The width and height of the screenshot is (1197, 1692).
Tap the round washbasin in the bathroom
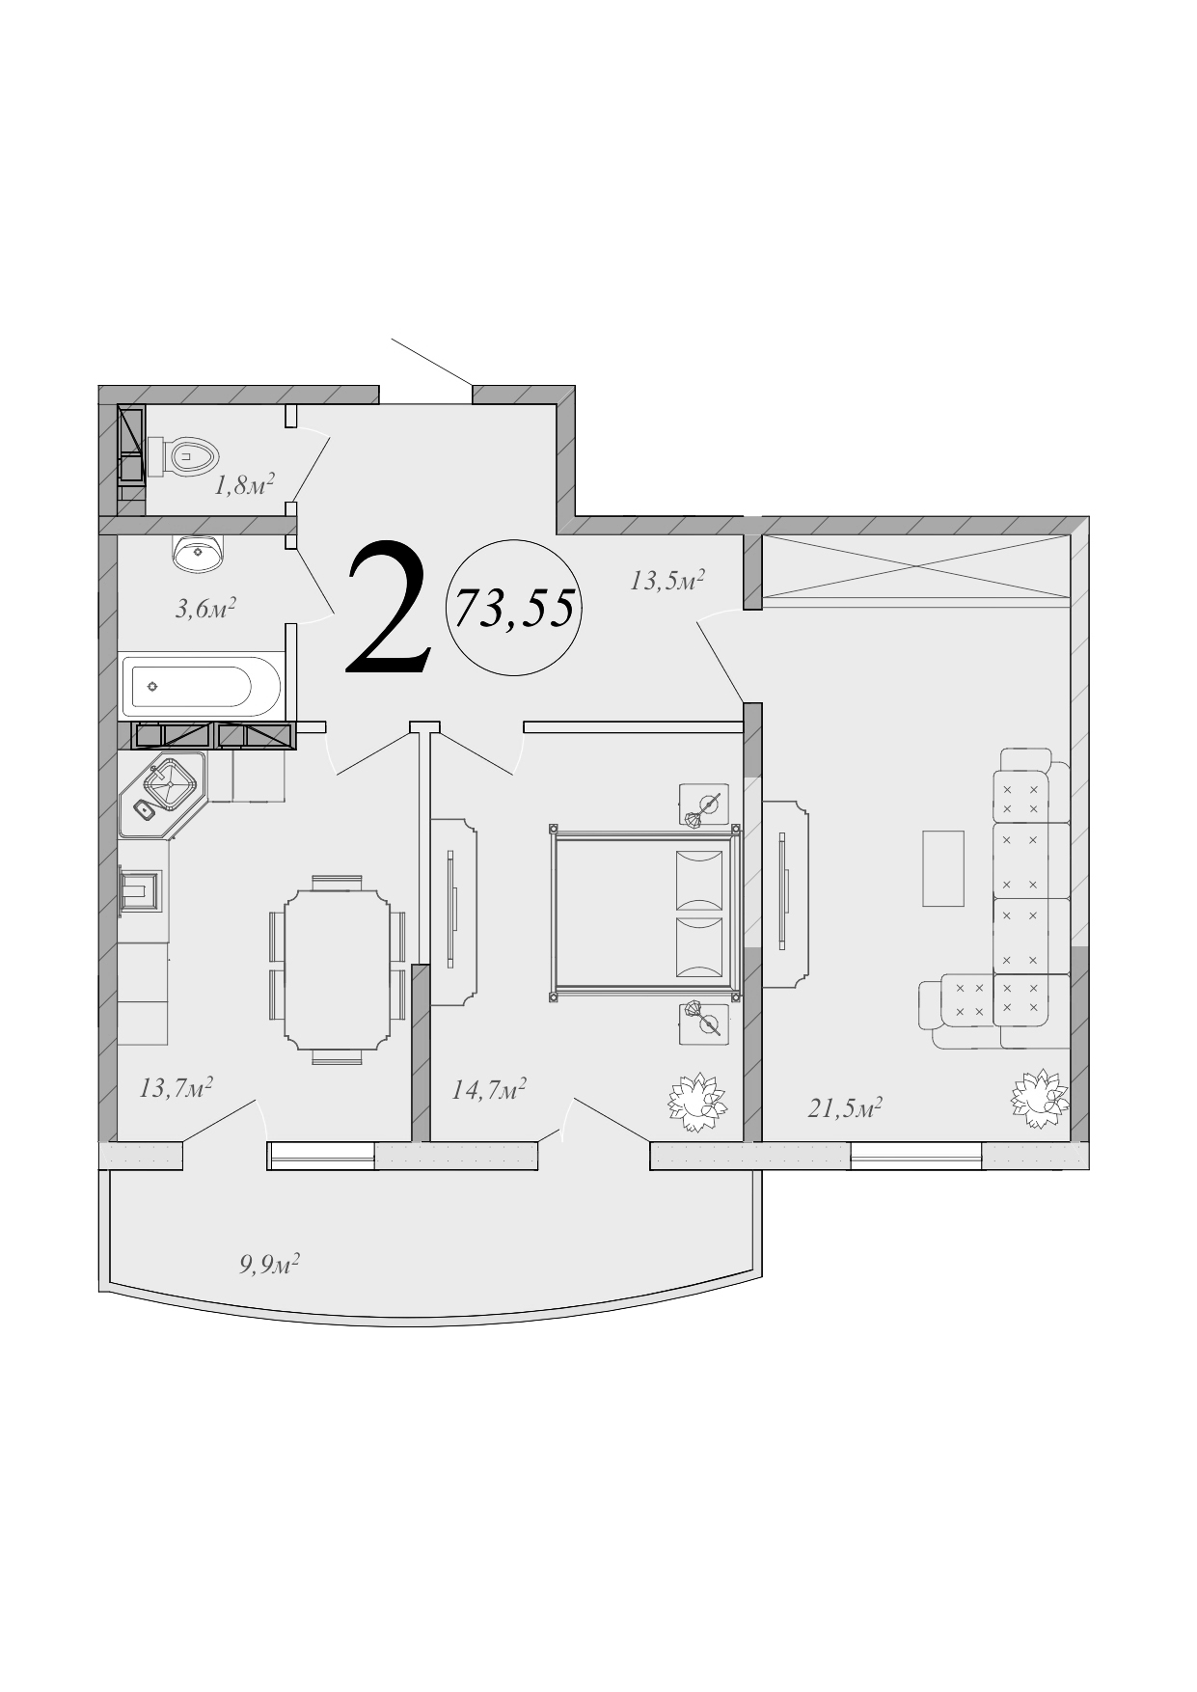point(199,552)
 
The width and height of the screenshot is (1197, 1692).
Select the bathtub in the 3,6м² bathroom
point(201,686)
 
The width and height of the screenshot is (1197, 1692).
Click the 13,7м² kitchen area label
point(176,1088)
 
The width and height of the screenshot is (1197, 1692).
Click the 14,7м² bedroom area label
point(488,1090)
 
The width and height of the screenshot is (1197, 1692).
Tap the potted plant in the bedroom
point(695,1102)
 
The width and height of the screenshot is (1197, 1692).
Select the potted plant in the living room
point(1039,1098)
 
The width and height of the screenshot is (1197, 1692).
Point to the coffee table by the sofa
point(943,868)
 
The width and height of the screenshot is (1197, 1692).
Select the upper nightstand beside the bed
point(703,805)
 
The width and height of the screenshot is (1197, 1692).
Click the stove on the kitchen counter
point(141,889)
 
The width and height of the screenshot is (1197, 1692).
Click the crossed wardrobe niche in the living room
point(916,571)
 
